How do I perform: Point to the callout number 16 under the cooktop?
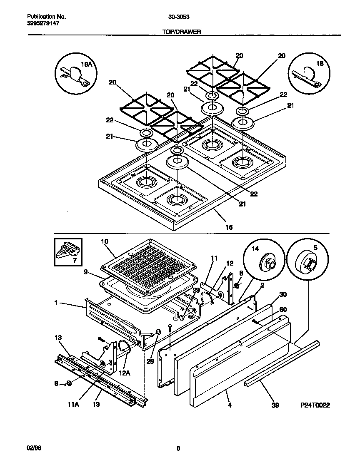click(x=229, y=227)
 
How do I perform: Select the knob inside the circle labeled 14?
click(x=266, y=264)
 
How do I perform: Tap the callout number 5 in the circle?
click(x=315, y=247)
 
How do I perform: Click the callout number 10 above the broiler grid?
click(x=104, y=241)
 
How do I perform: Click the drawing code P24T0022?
click(x=315, y=405)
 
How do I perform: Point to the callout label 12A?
click(x=125, y=374)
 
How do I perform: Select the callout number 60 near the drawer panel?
click(x=283, y=309)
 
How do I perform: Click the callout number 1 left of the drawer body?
click(x=55, y=304)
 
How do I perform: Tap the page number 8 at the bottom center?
click(x=178, y=448)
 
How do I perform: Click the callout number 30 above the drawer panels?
click(x=283, y=294)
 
